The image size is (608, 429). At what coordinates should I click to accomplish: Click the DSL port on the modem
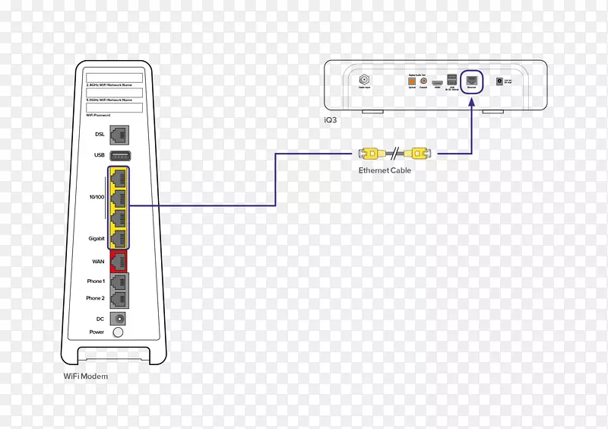click(x=118, y=135)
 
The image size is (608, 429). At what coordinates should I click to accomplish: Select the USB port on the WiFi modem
click(x=118, y=156)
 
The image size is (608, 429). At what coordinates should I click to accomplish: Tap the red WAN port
click(x=118, y=262)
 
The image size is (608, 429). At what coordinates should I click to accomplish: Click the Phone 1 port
click(x=118, y=282)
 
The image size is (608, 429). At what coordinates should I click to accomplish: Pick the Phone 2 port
click(x=118, y=299)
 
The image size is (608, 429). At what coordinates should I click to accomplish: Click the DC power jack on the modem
click(x=118, y=319)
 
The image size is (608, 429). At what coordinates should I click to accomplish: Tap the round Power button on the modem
click(x=118, y=332)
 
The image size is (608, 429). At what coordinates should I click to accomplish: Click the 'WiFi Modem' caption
click(x=86, y=377)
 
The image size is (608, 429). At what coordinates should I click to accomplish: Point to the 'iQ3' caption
click(x=331, y=119)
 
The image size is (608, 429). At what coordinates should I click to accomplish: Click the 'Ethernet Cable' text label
click(x=385, y=170)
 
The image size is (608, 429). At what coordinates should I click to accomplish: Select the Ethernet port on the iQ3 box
click(x=472, y=80)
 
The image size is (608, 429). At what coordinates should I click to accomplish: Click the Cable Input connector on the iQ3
click(x=363, y=79)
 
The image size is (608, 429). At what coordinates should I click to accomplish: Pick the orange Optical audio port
click(x=412, y=81)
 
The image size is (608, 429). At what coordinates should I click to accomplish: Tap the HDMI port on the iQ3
click(x=437, y=81)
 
